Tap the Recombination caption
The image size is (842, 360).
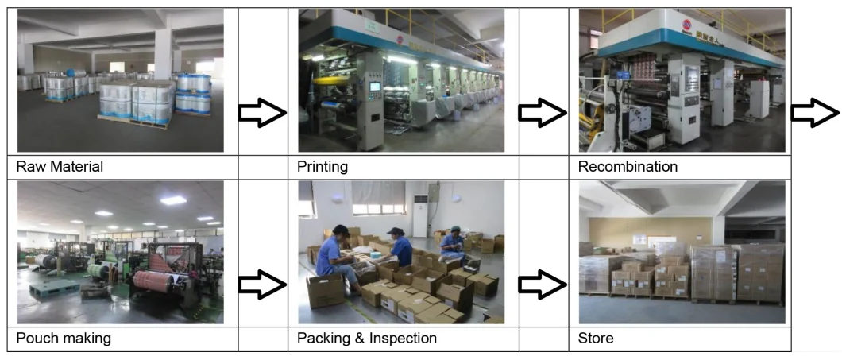click(628, 167)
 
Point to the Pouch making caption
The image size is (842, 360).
click(64, 339)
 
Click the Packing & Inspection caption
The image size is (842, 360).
click(366, 339)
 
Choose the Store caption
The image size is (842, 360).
click(596, 339)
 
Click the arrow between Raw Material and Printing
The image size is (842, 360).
click(262, 114)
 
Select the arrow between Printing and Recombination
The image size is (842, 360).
click(543, 114)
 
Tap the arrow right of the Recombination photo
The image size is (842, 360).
click(815, 114)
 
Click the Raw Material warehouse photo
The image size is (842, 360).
click(120, 79)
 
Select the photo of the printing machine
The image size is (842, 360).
click(400, 79)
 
